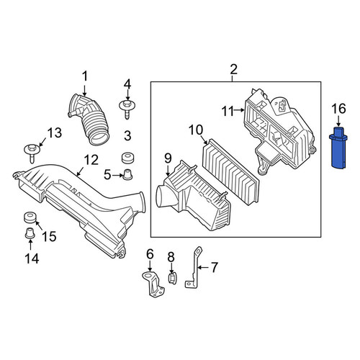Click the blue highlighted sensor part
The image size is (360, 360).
click(338, 148)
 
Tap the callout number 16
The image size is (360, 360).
click(338, 109)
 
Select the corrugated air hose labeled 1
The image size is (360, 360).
click(89, 120)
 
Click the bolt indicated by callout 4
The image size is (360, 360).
click(127, 109)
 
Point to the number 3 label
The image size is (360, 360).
click(127, 136)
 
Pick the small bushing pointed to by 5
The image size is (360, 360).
click(127, 174)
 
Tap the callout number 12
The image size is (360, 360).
click(91, 160)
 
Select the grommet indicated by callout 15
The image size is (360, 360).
click(30, 217)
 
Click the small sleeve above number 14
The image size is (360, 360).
click(30, 233)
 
